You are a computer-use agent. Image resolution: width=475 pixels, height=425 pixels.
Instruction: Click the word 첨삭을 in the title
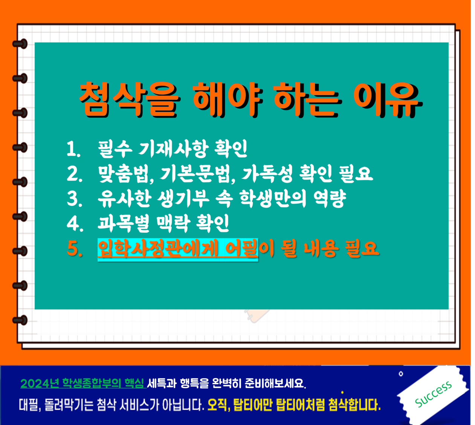pos(130,100)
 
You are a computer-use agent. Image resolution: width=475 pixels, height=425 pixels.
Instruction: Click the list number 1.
pos(73,149)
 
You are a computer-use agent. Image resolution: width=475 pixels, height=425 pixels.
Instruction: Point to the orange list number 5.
pos(74,248)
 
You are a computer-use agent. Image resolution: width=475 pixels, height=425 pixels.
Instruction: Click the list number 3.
pos(74,198)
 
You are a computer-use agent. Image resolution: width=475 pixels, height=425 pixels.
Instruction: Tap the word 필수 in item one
pos(115,149)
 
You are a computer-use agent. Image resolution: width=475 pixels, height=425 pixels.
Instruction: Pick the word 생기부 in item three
pos(183,199)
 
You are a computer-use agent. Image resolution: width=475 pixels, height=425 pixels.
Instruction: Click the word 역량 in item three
pos(329,199)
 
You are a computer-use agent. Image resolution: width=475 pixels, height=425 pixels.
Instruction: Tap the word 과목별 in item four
pos(123,224)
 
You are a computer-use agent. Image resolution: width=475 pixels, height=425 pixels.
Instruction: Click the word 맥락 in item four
pos(172,224)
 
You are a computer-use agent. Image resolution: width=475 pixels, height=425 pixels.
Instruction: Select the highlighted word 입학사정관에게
pos(158,249)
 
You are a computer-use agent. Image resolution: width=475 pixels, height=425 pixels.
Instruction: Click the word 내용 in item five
pos(321,249)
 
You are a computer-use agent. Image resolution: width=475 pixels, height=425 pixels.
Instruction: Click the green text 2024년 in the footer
pos(40,384)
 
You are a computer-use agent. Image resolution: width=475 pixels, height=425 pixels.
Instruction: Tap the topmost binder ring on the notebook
pos(20,44)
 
